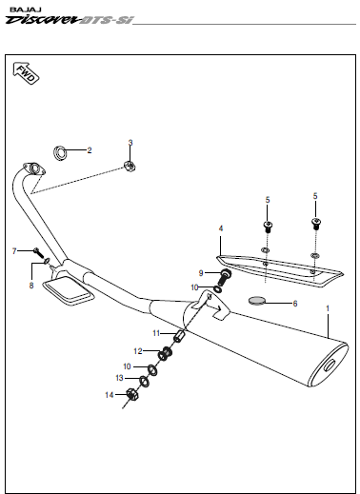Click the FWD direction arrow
[26, 73]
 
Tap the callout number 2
[90, 150]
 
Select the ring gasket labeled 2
[60, 153]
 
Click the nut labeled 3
[130, 166]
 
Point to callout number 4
[221, 228]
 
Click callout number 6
[295, 304]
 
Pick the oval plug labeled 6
[256, 300]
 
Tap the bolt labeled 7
[37, 253]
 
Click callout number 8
[31, 286]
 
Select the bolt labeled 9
[224, 277]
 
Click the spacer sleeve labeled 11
[179, 336]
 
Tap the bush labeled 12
[166, 353]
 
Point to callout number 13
[119, 378]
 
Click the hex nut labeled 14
[131, 394]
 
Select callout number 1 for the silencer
[328, 308]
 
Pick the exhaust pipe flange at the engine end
[34, 168]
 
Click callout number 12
[138, 351]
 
